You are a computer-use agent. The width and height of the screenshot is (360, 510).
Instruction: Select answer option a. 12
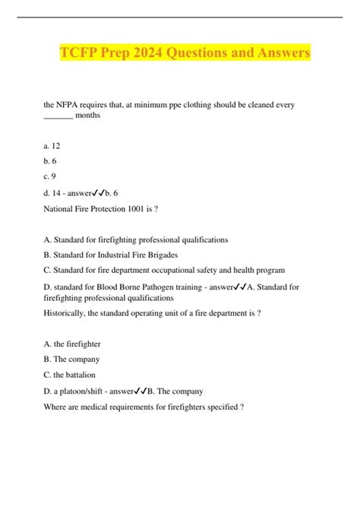point(53,143)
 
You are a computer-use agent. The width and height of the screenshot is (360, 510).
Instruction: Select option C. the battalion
point(76,375)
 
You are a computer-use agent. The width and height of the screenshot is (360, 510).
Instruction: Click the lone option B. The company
point(73,359)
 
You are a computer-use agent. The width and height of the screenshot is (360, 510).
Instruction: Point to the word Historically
point(69,312)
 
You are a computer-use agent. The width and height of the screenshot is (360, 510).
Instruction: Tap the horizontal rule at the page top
point(180,17)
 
